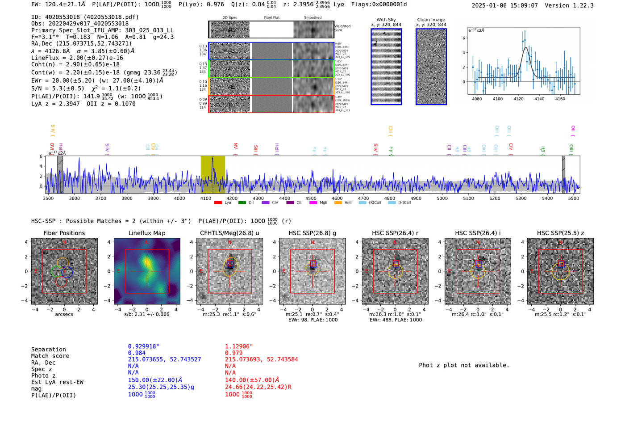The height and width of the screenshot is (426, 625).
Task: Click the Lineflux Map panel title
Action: point(147,233)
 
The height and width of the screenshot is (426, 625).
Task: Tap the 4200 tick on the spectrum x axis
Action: point(232,198)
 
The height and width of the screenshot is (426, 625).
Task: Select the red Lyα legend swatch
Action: point(218,203)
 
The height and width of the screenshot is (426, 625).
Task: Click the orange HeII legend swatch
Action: point(338,203)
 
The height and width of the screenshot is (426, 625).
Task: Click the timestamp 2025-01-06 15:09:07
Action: point(504,6)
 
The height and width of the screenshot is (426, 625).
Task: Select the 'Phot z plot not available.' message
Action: point(464,365)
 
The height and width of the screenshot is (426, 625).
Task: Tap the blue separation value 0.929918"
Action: point(143,346)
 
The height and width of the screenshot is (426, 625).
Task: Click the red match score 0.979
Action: point(233,353)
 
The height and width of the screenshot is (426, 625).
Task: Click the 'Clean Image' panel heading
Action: point(431,20)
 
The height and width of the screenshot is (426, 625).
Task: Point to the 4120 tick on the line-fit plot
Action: point(518,99)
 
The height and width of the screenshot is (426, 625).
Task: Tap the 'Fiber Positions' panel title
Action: point(64,233)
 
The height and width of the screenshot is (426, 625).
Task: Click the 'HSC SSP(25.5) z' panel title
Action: point(560,233)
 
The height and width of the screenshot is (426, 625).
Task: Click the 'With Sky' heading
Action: point(386,20)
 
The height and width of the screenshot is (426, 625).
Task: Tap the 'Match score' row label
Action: point(50,356)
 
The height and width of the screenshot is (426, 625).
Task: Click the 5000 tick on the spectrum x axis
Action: point(442,198)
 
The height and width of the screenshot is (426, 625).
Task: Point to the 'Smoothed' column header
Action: point(312,18)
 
